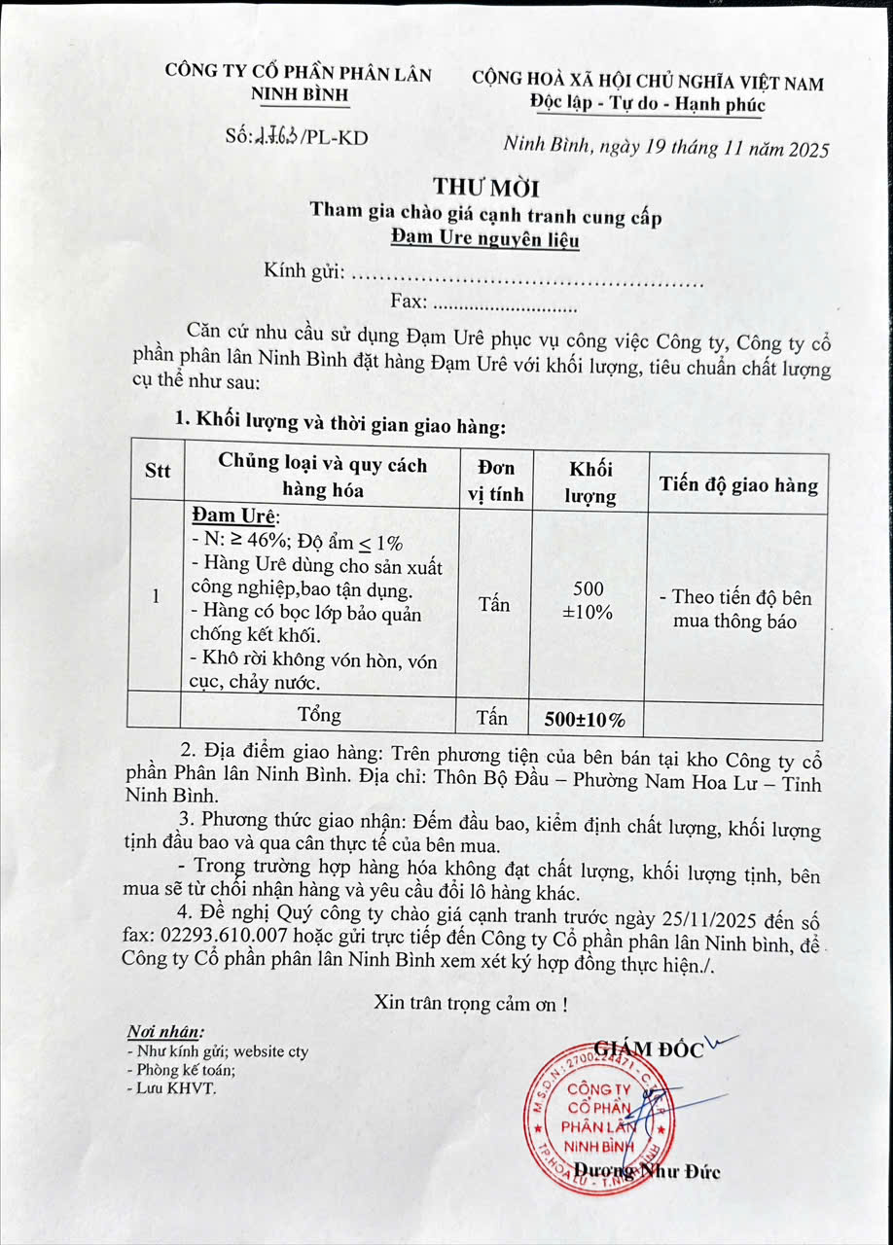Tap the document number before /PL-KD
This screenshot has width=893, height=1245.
tap(276, 137)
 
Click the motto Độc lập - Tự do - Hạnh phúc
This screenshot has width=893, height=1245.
tap(648, 105)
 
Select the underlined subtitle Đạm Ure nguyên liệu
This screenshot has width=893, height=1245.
tap(484, 238)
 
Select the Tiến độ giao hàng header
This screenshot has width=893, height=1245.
tap(737, 484)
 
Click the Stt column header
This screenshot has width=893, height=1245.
tap(157, 471)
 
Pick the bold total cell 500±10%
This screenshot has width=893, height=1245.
tap(584, 721)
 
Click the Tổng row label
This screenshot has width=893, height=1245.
tap(319, 716)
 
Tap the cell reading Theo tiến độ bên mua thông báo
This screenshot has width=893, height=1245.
tap(736, 609)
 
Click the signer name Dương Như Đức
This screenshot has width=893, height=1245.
tap(647, 1171)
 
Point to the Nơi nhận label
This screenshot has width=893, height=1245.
tap(165, 1031)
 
